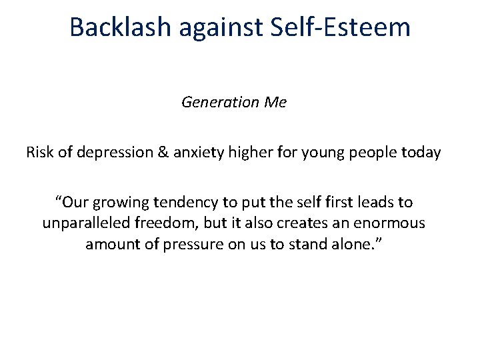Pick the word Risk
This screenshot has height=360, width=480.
pos(39,152)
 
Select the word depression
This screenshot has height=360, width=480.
pos(110,152)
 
